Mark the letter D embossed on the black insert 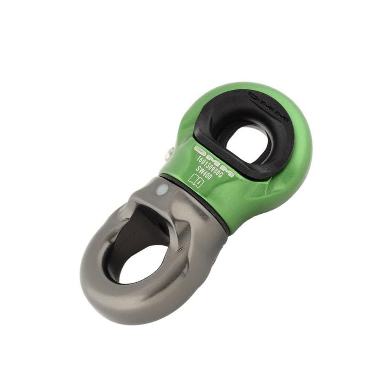[253, 96]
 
